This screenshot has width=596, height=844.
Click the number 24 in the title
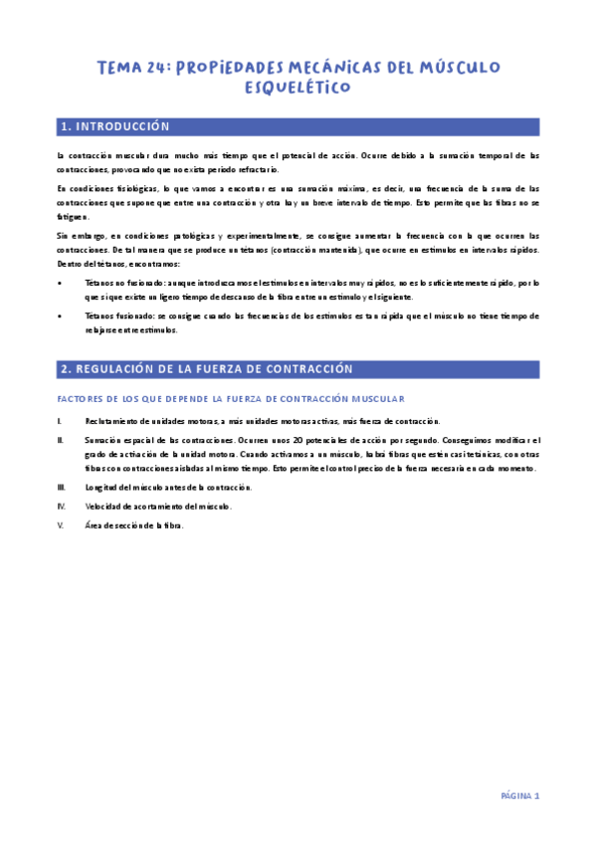157,67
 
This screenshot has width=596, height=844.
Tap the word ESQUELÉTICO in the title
298,88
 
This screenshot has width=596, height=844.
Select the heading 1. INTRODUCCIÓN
114,126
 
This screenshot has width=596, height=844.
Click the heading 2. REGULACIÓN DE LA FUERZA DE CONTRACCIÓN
206,368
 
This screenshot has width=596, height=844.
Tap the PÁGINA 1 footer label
519,795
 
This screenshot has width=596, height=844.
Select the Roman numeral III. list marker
62,487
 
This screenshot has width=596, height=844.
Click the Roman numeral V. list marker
61,526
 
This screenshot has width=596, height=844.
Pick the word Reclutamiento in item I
108,421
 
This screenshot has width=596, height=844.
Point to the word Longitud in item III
101,487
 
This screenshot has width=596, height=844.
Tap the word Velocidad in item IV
103,506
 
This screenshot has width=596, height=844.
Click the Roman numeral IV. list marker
61,506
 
